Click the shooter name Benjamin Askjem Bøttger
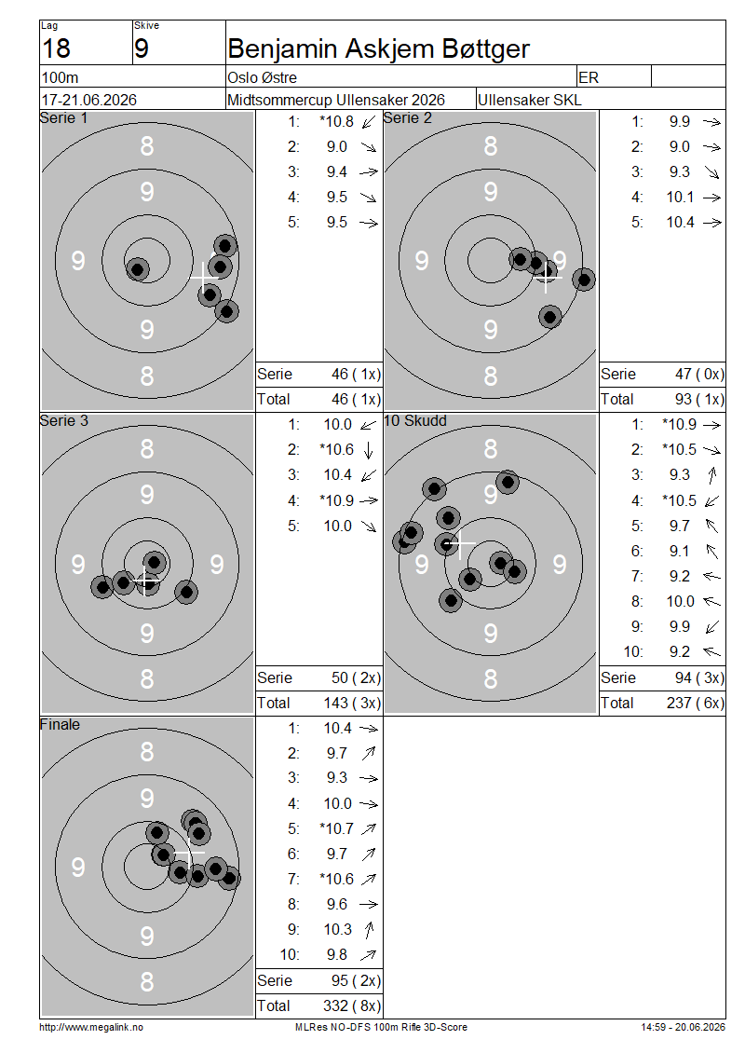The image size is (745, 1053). [x=378, y=49]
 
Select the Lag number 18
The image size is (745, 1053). [x=56, y=49]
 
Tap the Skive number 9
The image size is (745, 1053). [x=142, y=49]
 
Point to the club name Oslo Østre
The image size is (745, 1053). [x=262, y=77]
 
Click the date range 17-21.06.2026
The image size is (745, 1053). [x=89, y=100]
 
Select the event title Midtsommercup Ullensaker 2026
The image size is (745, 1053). [x=335, y=100]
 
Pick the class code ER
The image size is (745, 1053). [x=588, y=77]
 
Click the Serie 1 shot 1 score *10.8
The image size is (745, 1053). [x=336, y=121]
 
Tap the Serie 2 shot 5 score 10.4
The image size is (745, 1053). [x=680, y=223]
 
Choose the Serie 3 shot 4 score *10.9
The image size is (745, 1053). [x=336, y=500]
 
